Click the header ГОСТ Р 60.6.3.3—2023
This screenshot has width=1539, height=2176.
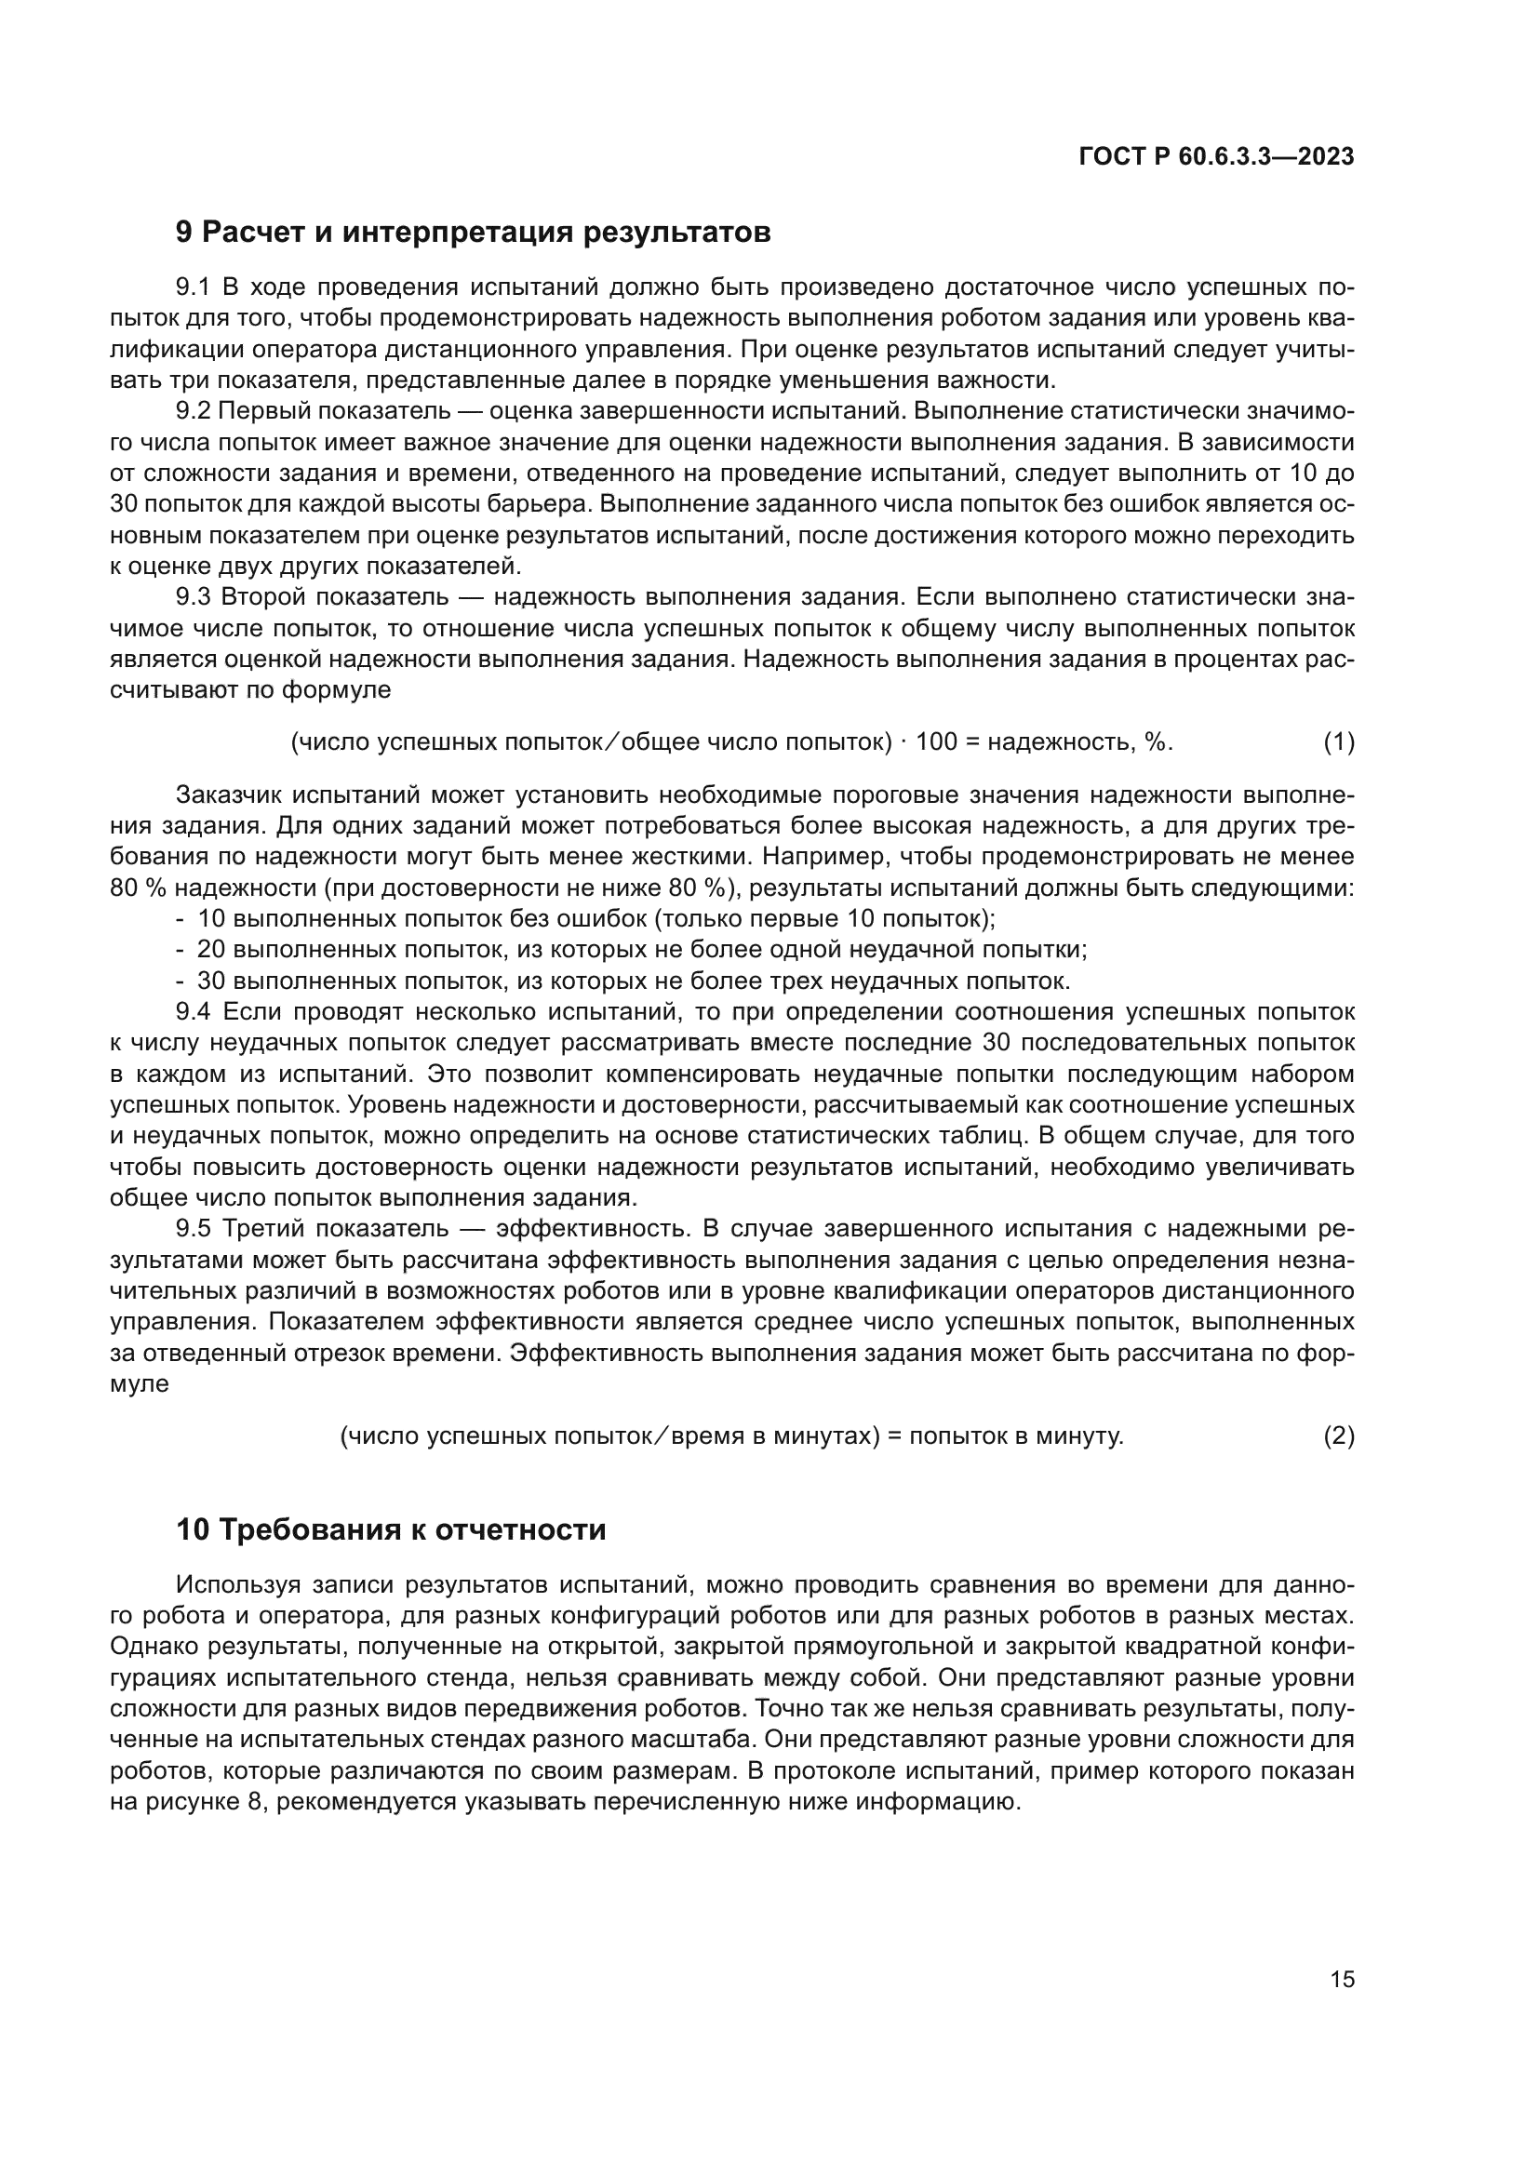click(x=1216, y=157)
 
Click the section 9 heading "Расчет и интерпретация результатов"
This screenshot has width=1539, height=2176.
click(x=473, y=233)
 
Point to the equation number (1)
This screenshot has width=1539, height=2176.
click(x=1338, y=742)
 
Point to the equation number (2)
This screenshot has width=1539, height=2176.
click(x=1338, y=1435)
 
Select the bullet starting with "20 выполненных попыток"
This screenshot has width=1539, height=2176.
click(x=640, y=950)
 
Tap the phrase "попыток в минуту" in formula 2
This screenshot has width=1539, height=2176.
click(x=1015, y=1435)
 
